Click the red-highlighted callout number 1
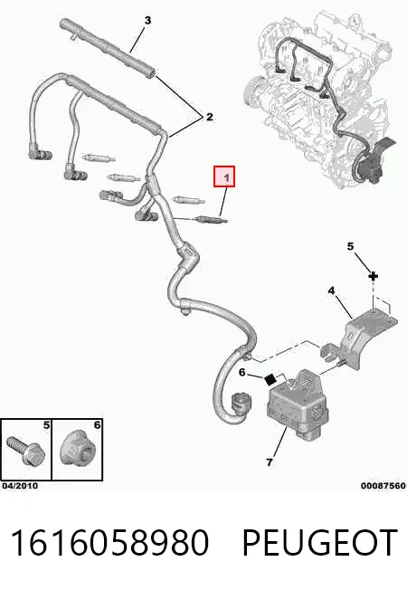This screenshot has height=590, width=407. (224, 176)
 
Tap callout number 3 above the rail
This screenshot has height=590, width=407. (147, 20)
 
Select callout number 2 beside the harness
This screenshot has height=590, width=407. (209, 117)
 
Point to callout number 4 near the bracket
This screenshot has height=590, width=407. (331, 290)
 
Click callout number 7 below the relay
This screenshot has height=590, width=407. (270, 462)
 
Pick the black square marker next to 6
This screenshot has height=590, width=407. (270, 380)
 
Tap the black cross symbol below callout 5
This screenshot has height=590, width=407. (373, 277)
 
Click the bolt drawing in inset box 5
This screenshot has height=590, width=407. (25, 452)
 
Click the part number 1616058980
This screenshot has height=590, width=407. (109, 542)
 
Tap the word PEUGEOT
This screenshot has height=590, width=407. (320, 542)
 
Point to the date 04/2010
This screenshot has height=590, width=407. (20, 486)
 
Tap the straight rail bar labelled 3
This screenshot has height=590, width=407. (108, 47)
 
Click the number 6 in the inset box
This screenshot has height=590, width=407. (97, 425)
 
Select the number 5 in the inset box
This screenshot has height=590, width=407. (46, 425)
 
